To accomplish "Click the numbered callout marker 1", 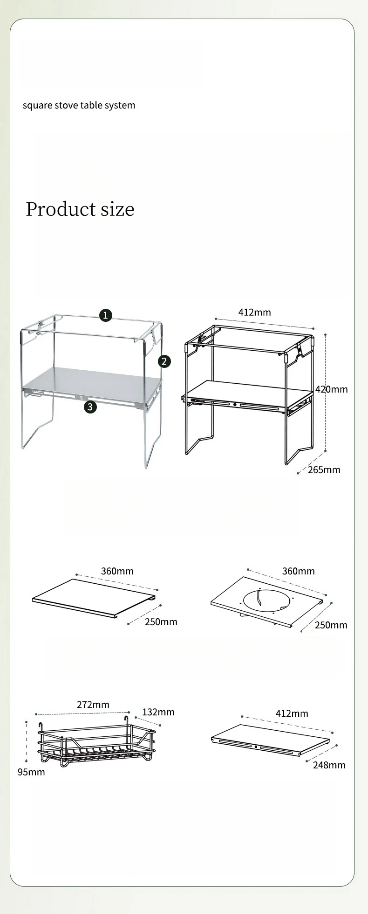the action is (x=106, y=315).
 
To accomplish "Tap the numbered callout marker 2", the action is (x=164, y=361).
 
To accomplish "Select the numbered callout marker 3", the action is (x=90, y=407).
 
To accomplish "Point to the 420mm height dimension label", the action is (x=332, y=389).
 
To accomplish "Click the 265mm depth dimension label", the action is (x=324, y=470).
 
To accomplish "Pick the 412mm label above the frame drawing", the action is (x=255, y=312).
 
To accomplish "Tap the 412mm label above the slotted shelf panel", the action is (x=292, y=713).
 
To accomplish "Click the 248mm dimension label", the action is (x=329, y=765).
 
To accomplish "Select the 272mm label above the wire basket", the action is (x=93, y=704).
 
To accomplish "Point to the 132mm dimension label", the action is (x=158, y=712).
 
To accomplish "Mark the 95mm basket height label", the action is (x=31, y=772).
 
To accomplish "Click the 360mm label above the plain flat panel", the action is (x=117, y=571).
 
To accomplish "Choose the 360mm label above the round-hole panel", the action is (x=299, y=571).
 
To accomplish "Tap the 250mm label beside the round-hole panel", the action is (x=331, y=625).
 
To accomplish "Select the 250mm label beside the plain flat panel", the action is (x=161, y=622).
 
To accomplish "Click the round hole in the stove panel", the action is (x=266, y=599).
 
